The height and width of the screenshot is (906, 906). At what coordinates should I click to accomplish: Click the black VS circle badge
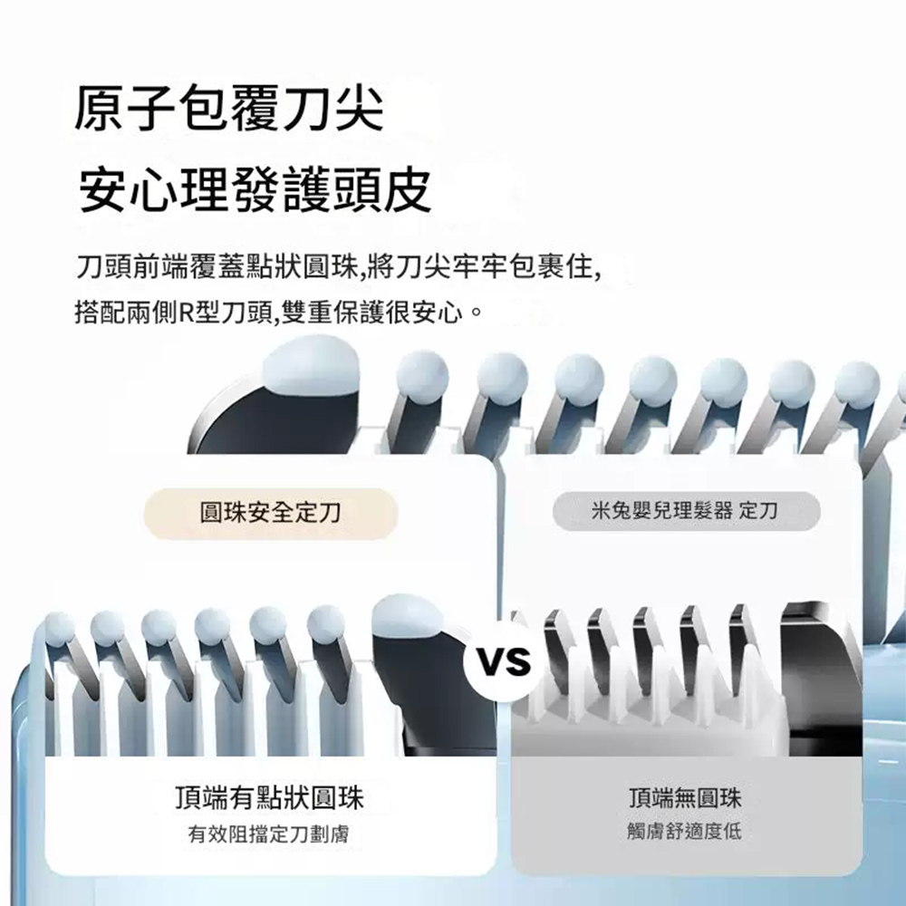(x=504, y=660)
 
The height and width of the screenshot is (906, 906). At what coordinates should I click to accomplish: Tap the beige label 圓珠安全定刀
(x=270, y=513)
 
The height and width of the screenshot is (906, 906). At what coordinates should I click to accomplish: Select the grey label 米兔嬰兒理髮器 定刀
(x=686, y=511)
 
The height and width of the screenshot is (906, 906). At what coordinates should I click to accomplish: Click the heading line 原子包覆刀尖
(x=229, y=108)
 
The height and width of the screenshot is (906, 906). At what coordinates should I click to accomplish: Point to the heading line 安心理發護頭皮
(x=255, y=189)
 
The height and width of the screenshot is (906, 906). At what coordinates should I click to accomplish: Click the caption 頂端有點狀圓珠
(x=269, y=798)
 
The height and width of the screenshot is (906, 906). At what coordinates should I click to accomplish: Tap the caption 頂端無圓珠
(x=685, y=798)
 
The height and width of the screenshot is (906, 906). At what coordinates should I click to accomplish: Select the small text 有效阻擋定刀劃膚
(x=269, y=834)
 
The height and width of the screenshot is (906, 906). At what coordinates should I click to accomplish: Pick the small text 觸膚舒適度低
(x=684, y=831)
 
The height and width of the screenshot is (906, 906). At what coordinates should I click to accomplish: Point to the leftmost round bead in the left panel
(x=60, y=630)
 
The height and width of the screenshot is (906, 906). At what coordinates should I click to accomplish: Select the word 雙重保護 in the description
(x=332, y=313)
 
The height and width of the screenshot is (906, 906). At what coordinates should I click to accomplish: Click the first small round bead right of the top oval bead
(x=423, y=376)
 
